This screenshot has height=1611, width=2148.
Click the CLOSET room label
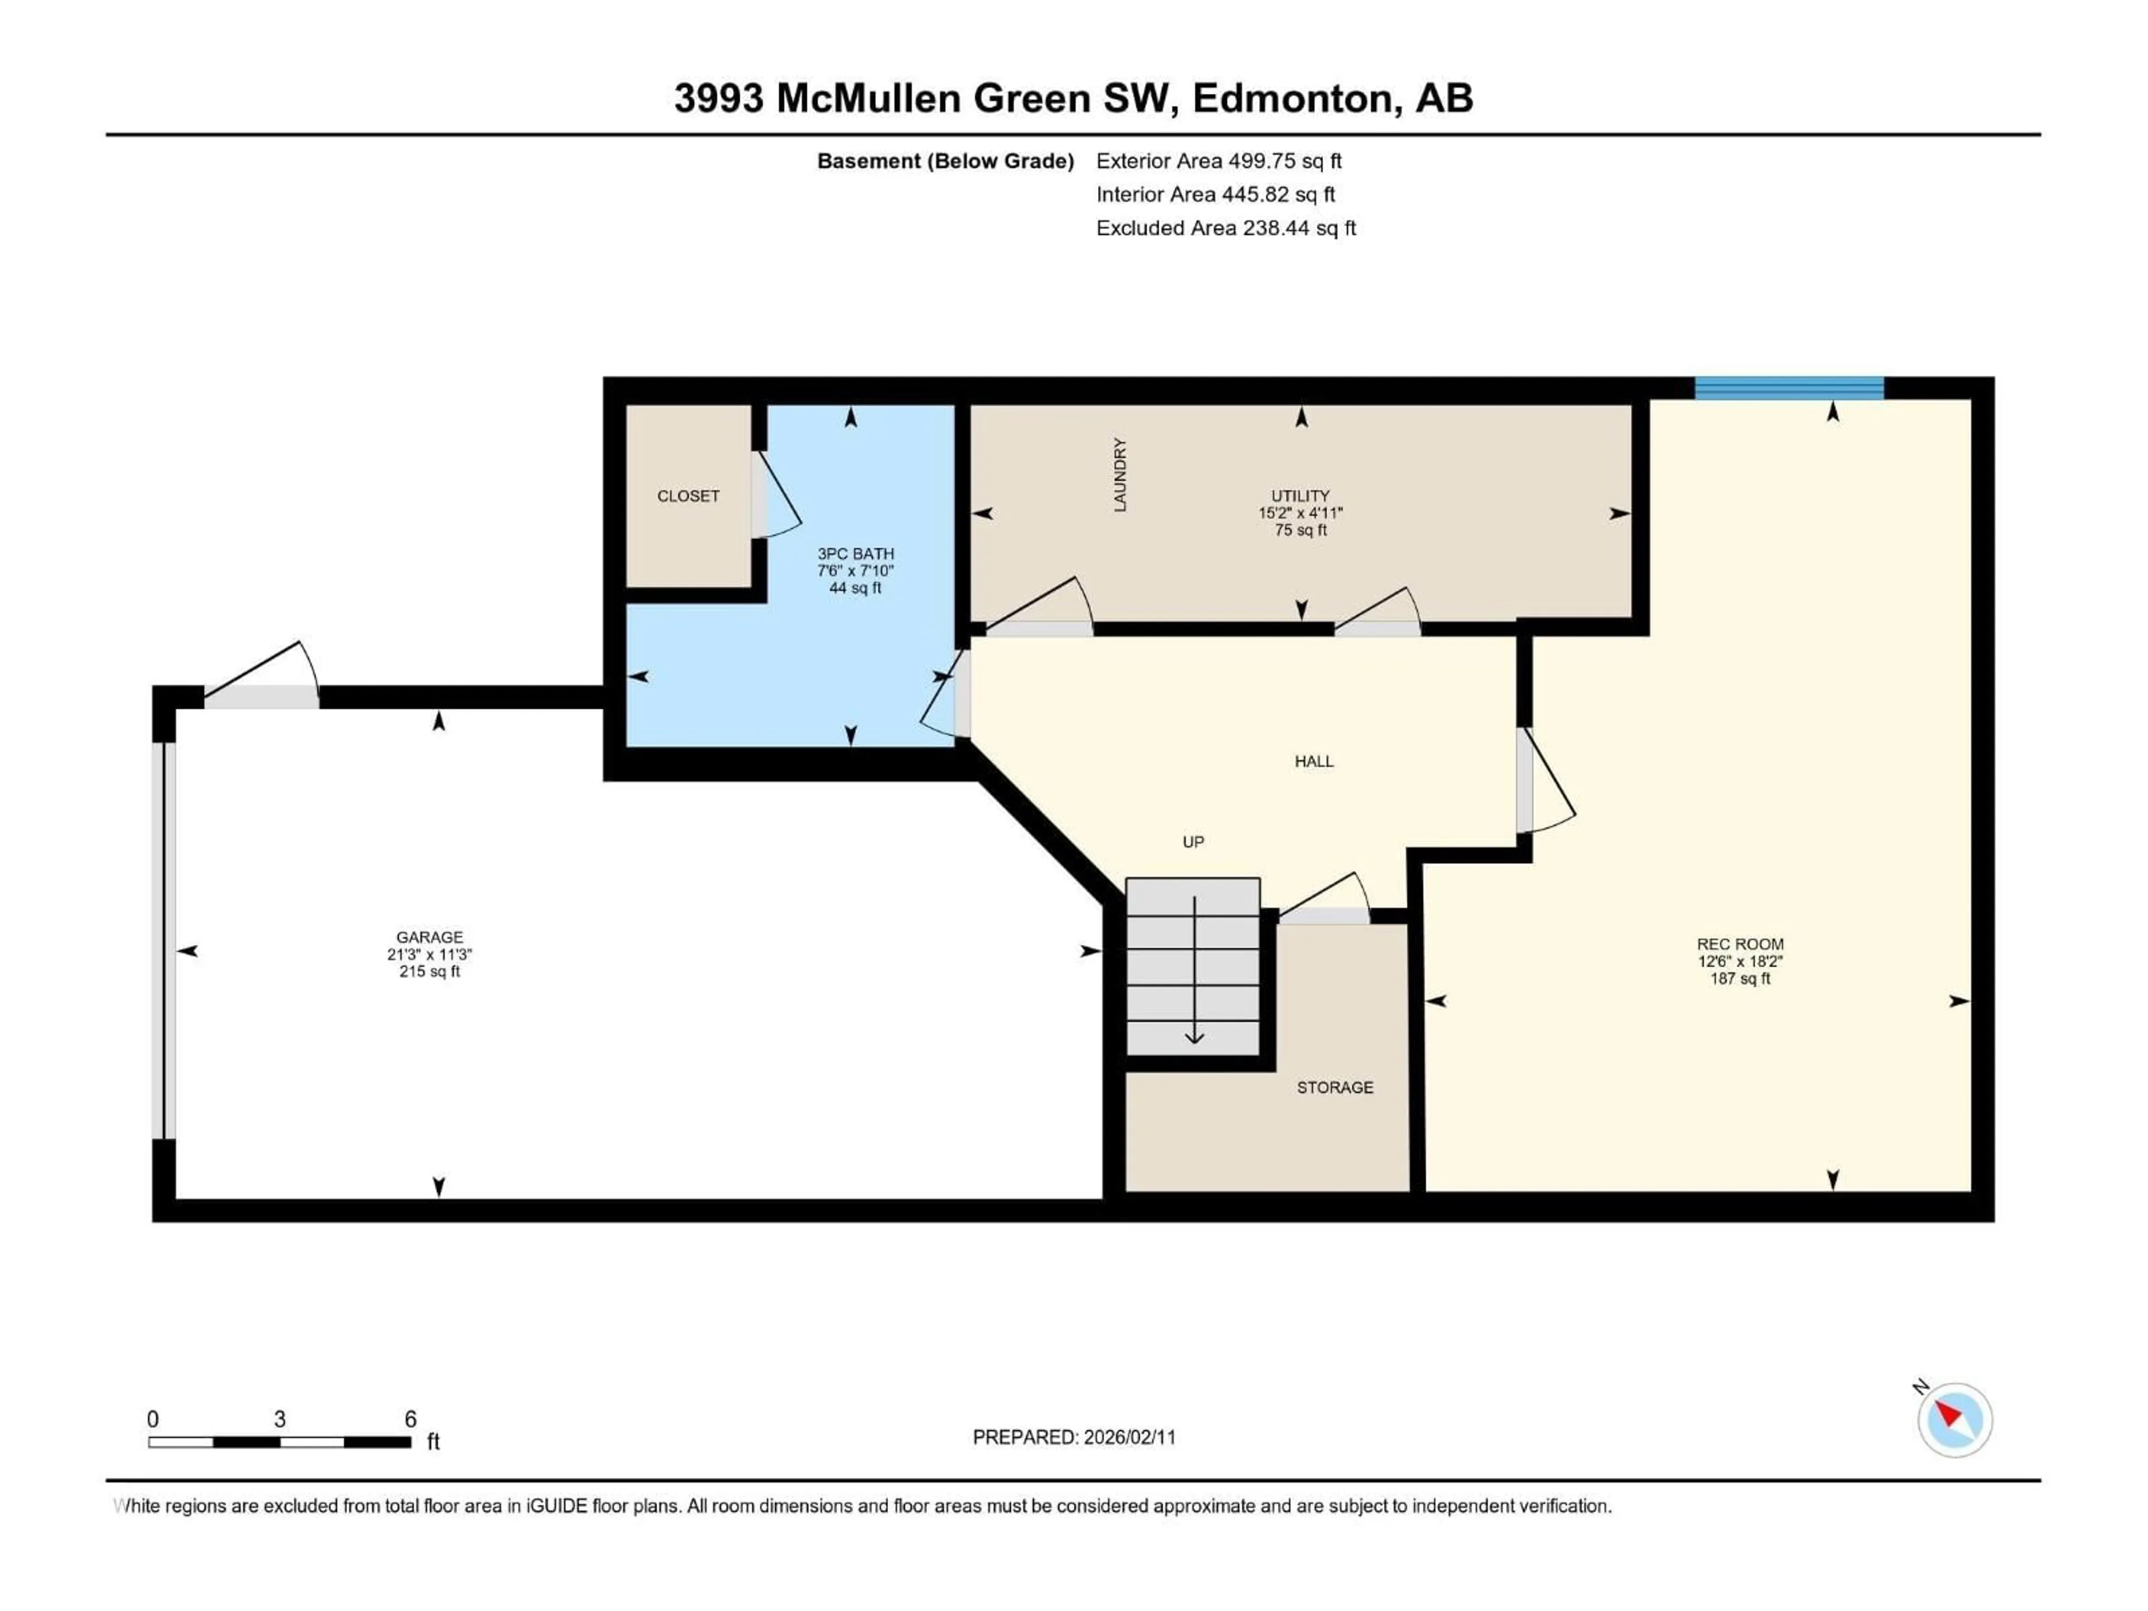pyautogui.click(x=687, y=496)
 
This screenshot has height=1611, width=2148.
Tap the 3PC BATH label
pyautogui.click(x=855, y=554)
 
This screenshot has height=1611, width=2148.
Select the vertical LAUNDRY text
pyautogui.click(x=1120, y=475)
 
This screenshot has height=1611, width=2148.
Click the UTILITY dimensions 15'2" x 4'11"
pyautogui.click(x=1300, y=513)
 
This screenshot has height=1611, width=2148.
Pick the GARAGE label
pyautogui.click(x=429, y=937)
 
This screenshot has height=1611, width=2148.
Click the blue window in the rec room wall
pyautogui.click(x=1789, y=388)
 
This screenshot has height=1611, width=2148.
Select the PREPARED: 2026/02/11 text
pyautogui.click(x=1074, y=1437)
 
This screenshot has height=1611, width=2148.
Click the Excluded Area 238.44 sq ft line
pyautogui.click(x=1226, y=228)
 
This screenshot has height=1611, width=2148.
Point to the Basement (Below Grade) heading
pyautogui.click(x=945, y=161)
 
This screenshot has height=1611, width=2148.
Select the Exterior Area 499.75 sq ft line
pyautogui.click(x=1219, y=161)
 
